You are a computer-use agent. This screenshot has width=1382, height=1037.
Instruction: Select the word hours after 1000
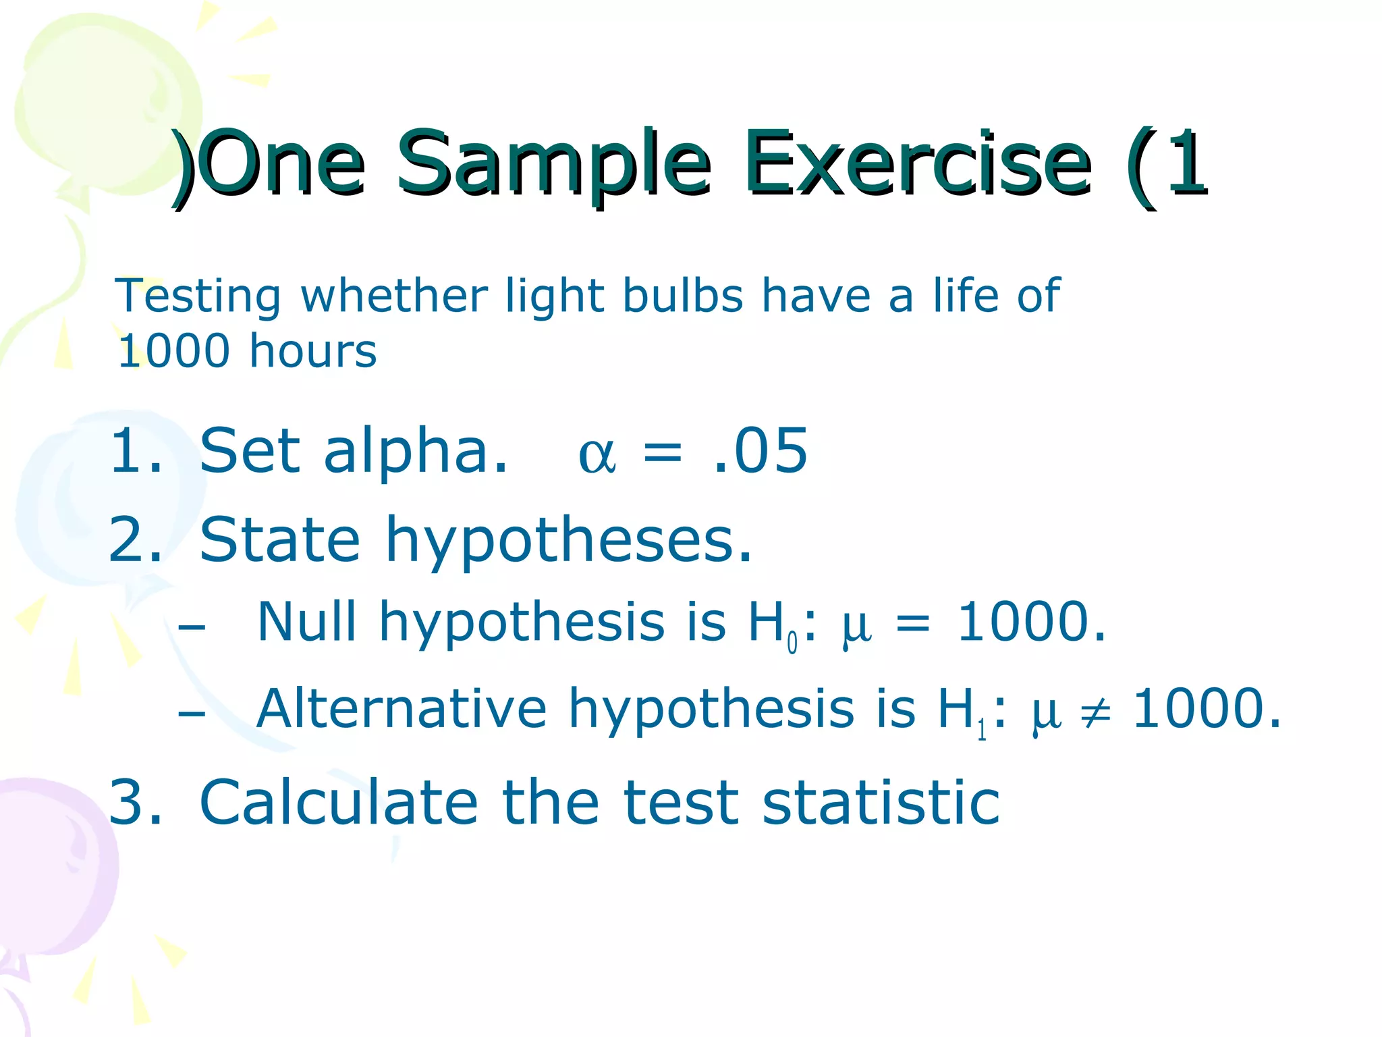[x=312, y=351]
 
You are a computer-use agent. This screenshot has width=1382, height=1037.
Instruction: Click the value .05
[x=760, y=451]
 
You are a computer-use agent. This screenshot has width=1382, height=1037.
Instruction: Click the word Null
[x=306, y=621]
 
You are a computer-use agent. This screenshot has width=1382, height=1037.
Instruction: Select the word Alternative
[x=401, y=709]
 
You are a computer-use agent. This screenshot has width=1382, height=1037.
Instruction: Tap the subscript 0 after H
[x=792, y=643]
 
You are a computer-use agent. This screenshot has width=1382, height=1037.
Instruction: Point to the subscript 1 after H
[x=982, y=730]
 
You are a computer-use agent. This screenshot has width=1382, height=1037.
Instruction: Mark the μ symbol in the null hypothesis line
[x=856, y=627]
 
